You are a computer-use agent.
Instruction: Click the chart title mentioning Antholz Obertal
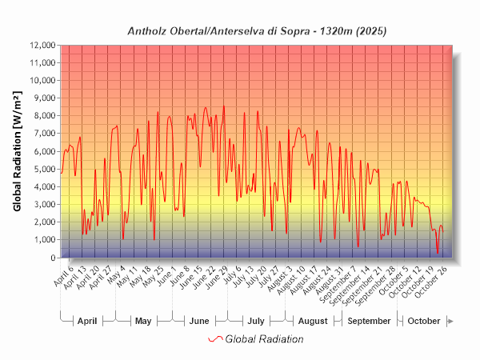pos(258,31)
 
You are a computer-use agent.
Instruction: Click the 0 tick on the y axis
pos(54,258)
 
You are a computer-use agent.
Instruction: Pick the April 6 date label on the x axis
pos(63,276)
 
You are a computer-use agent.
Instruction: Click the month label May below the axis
pos(143,321)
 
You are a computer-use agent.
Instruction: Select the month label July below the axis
pos(255,321)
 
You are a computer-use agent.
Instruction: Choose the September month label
pos(370,321)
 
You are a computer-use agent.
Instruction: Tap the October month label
pos(424,321)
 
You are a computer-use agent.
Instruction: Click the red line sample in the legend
pos(214,339)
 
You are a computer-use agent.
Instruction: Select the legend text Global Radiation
pos(264,339)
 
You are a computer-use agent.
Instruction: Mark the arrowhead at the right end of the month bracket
pos(451,321)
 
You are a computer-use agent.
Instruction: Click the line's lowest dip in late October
pos(438,254)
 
